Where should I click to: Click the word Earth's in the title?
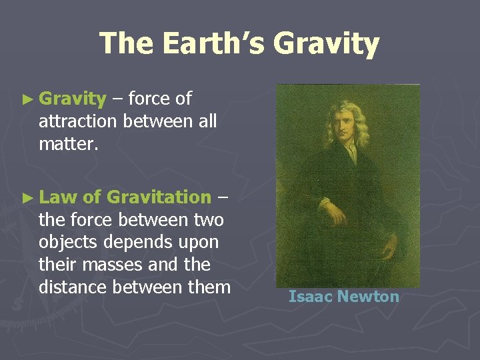click(x=211, y=44)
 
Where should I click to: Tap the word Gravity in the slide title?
click(x=326, y=44)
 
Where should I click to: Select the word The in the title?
click(x=127, y=44)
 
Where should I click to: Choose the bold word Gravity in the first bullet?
click(x=73, y=99)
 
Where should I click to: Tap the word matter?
click(x=69, y=144)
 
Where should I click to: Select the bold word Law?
click(x=58, y=197)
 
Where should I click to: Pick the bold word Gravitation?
click(x=159, y=197)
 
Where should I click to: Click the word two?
click(x=208, y=219)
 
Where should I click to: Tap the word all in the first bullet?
click(x=205, y=122)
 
